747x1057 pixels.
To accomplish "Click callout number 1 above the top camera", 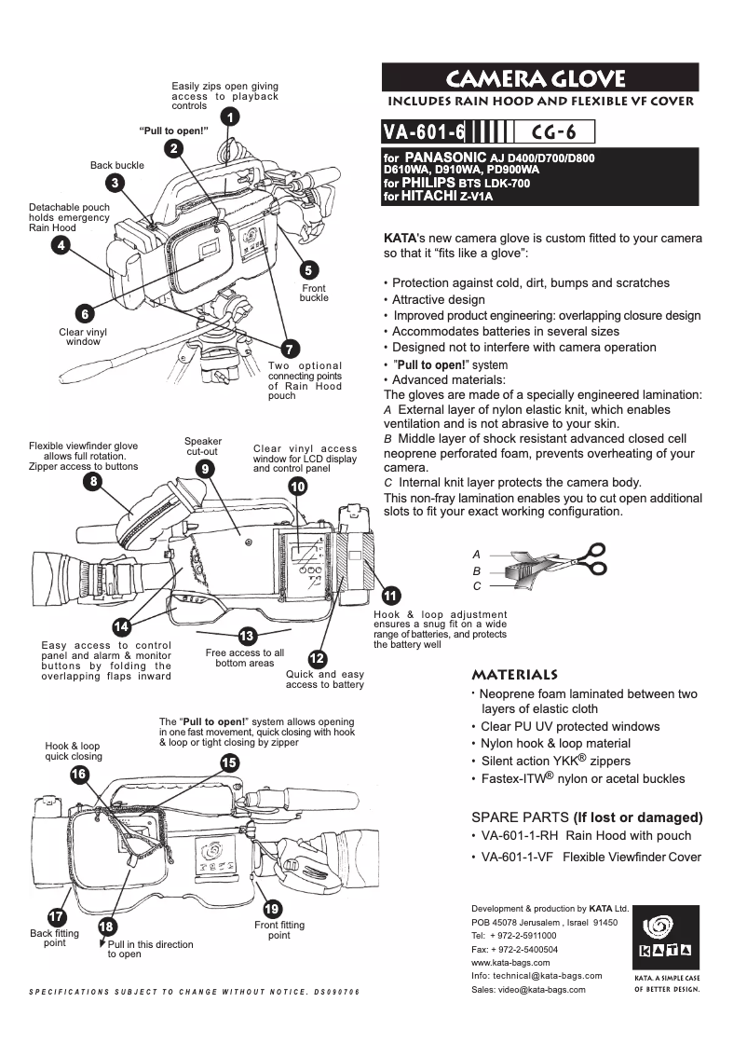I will tap(227, 117).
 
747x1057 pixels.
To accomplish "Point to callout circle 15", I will tap(229, 762).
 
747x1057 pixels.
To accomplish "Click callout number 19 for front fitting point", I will tap(272, 909).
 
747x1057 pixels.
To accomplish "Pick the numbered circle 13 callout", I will tap(247, 637).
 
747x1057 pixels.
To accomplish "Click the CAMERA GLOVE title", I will tap(539, 78).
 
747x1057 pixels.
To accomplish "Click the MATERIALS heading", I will tap(515, 674).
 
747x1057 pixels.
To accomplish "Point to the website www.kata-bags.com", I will tap(510, 962).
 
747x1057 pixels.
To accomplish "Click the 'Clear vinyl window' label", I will tap(83, 336).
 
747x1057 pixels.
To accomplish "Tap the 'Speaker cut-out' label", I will tap(203, 446).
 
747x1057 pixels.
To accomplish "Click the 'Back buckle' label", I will tap(116, 165).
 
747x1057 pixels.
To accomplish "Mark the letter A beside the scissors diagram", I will tap(477, 554).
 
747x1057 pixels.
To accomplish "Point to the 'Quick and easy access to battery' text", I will tap(324, 679).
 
